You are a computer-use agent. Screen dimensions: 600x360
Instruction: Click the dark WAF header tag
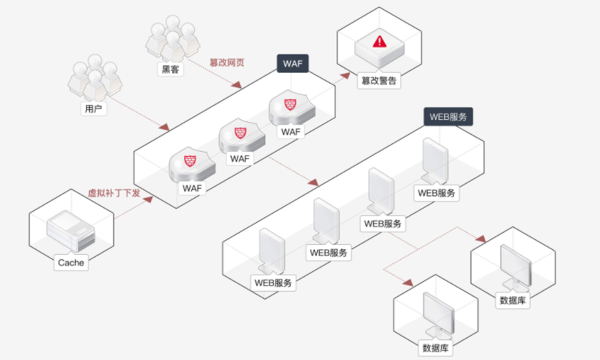point(293,63)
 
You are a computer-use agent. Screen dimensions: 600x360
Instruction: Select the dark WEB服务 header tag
point(448,116)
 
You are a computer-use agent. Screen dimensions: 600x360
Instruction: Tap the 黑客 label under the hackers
point(170,69)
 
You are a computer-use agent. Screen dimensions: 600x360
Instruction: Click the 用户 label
point(93,109)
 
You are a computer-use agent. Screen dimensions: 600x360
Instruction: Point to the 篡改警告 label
point(379,80)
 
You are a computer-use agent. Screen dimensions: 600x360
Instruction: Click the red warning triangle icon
point(380,42)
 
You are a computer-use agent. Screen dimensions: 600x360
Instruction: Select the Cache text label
point(71,263)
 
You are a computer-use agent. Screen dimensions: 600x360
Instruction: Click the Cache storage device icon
point(71,231)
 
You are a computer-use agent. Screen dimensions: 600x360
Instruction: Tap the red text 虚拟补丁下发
point(114,193)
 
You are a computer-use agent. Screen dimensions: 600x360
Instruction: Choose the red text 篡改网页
point(227,62)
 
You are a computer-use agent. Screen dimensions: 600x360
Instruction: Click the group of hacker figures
point(172,38)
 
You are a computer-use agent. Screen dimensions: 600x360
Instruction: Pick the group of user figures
point(95,78)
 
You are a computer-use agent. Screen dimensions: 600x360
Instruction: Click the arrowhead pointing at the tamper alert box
point(346,76)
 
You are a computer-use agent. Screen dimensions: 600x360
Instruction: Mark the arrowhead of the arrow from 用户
point(164,126)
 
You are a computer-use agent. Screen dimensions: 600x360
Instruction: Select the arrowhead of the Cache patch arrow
point(148,199)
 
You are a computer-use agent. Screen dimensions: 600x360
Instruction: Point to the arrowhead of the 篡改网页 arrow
point(237,85)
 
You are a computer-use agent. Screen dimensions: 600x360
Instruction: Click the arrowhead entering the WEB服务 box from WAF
point(313,182)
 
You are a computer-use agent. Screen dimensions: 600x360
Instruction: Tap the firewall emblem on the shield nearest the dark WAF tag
point(290,104)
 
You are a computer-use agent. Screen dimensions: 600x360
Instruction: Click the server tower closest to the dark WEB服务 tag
point(435,162)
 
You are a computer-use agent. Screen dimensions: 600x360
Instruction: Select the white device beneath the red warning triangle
point(379,49)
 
